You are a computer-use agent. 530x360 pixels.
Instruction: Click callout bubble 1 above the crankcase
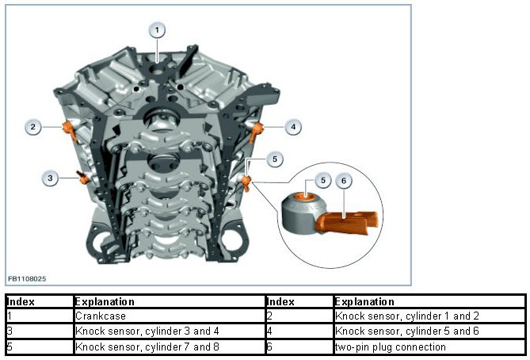coord(158,31)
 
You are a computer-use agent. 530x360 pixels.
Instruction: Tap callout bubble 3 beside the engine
coord(50,178)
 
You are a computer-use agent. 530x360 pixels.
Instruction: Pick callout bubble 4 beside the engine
coord(293,126)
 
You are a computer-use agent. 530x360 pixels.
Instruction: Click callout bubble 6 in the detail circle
coord(342,182)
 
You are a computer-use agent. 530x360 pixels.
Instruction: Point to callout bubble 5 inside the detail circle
coord(322,181)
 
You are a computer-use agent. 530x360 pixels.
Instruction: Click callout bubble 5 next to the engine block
coord(273,159)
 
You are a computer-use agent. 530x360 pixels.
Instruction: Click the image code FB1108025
coord(27,279)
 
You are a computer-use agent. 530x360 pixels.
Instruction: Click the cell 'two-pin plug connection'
coord(379,347)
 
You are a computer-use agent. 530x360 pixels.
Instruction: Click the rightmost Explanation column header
coord(364,302)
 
